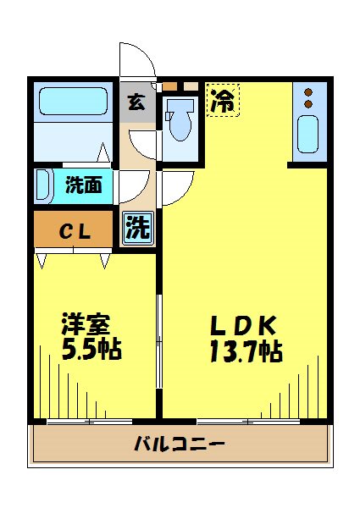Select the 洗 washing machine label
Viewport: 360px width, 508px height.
click(137, 226)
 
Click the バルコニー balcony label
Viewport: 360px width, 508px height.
click(179, 444)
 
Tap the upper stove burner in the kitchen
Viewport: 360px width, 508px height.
click(308, 92)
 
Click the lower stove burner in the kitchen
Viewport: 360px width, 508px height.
click(308, 104)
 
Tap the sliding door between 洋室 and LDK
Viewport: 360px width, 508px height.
click(159, 339)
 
